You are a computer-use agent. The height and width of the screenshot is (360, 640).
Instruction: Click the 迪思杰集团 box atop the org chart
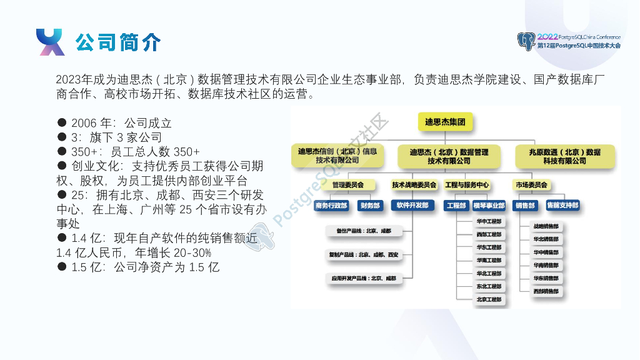[445, 122]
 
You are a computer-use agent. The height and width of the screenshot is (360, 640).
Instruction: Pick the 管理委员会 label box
[347, 185]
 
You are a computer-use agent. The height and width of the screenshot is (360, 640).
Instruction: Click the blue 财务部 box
[369, 206]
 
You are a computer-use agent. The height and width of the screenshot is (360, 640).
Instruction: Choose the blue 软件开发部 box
[412, 205]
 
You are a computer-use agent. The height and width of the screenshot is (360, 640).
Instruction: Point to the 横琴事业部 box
[489, 206]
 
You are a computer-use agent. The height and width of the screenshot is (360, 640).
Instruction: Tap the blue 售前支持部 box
[562, 206]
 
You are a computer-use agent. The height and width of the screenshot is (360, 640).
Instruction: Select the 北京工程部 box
[489, 299]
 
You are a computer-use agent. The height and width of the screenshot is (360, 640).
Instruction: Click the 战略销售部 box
[546, 226]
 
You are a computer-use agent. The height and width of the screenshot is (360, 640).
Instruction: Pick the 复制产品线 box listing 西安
[362, 255]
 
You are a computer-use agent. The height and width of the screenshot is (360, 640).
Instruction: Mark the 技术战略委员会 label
[414, 185]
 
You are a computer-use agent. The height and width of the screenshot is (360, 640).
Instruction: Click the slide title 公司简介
[118, 42]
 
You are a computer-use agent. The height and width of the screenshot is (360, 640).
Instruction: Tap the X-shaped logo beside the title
[50, 42]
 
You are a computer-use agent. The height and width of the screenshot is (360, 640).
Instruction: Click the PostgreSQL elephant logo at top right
[526, 41]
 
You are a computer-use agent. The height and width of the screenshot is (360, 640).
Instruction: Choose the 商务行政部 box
[331, 206]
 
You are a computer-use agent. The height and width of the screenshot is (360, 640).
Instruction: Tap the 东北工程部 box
[489, 286]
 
